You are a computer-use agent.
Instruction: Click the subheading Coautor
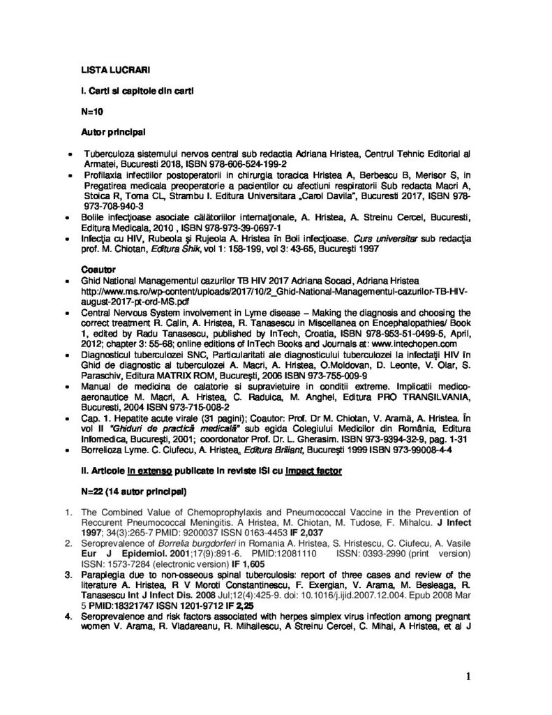tap(98, 268)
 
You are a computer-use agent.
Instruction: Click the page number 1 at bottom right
tap(469, 676)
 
